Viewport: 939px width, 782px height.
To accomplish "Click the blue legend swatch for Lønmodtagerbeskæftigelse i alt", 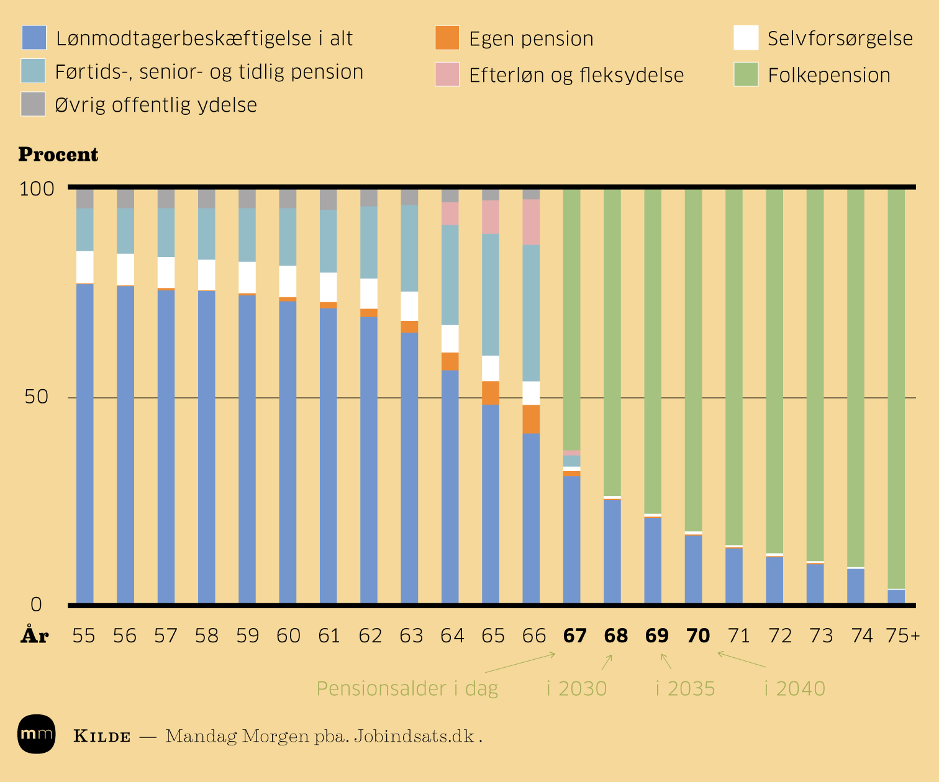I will (34, 38).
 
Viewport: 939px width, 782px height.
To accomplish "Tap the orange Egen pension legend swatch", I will (447, 38).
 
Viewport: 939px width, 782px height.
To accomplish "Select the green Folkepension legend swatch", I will (746, 74).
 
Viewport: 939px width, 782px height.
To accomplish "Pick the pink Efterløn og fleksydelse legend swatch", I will (447, 74).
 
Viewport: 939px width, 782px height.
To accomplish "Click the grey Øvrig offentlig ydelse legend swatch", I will (34, 104).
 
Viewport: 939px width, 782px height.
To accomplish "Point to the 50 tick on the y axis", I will (37, 397).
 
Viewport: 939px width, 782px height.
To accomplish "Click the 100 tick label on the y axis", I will (37, 189).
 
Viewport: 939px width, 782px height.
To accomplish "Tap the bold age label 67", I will (574, 636).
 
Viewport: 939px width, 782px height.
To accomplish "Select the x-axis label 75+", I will (902, 636).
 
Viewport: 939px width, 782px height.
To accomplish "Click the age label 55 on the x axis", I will (84, 636).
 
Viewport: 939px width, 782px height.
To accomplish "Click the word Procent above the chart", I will (58, 155).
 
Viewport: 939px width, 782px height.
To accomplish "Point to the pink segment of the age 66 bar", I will (531, 222).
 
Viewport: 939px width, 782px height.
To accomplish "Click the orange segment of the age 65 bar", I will (491, 393).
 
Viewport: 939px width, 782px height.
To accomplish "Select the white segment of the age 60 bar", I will (288, 282).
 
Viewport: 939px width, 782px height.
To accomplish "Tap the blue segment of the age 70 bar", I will (693, 569).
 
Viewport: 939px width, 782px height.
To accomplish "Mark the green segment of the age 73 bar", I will (815, 372).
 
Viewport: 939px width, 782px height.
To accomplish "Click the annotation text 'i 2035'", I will (686, 689).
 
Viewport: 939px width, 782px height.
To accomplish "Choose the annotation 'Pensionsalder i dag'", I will (407, 689).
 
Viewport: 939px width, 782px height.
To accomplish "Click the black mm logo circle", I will (37, 734).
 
